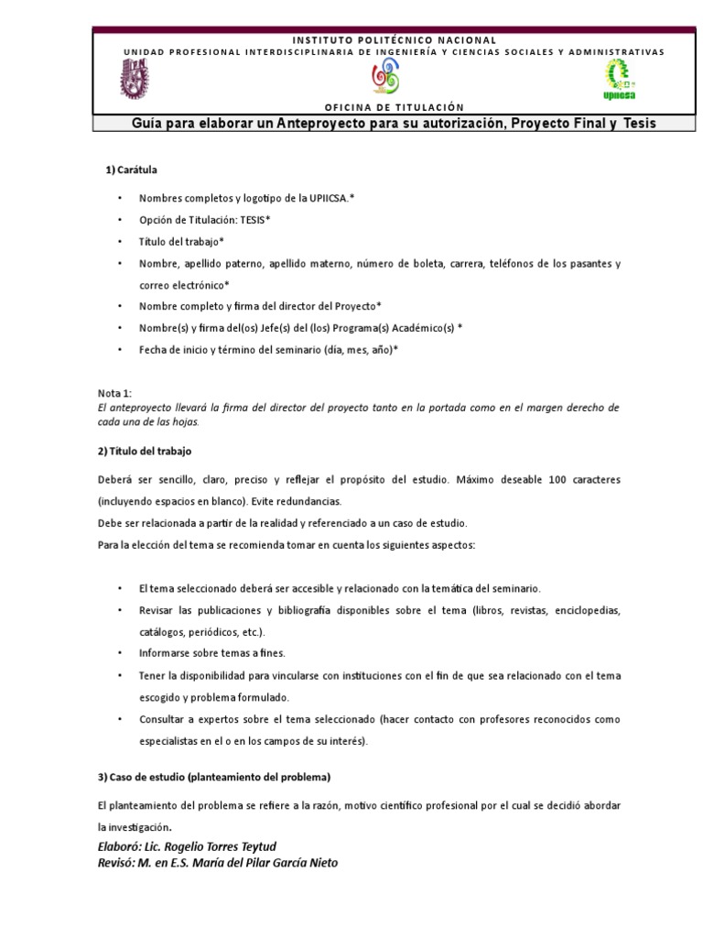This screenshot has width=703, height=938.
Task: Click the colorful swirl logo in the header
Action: click(384, 81)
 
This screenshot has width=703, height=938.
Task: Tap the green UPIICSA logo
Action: click(620, 81)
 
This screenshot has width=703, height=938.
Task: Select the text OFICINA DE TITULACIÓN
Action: click(394, 107)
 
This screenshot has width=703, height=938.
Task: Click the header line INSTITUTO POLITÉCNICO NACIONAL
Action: click(394, 39)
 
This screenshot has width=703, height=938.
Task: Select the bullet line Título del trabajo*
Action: click(181, 241)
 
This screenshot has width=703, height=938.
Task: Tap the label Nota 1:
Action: click(114, 392)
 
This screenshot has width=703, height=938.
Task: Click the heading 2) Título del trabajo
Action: click(144, 452)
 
